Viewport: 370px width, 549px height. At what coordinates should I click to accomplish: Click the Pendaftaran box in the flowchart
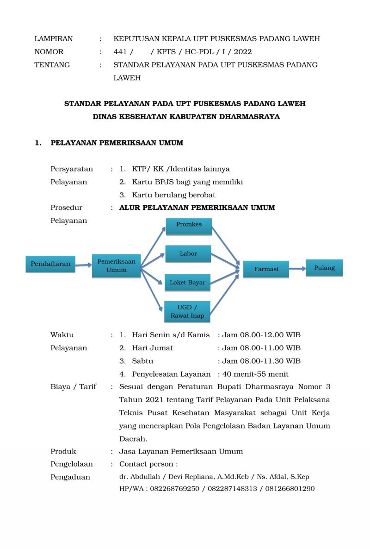tap(50, 264)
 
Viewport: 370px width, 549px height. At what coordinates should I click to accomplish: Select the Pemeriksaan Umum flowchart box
tap(116, 266)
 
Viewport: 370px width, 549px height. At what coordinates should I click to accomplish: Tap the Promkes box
tap(189, 225)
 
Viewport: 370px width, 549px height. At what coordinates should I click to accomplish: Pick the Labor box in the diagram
tap(188, 254)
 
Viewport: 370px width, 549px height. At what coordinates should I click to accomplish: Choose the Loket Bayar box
tap(187, 283)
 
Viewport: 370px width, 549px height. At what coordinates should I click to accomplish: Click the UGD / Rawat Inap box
tap(187, 311)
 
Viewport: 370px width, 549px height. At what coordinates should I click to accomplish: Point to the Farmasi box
tap(266, 269)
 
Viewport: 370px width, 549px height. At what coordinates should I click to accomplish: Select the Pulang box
tap(324, 268)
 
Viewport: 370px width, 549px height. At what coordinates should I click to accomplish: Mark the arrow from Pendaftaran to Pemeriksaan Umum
tap(83, 265)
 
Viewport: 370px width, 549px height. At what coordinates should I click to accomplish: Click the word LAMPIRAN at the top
tap(53, 39)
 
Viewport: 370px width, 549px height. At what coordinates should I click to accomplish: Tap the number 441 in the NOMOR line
tap(120, 52)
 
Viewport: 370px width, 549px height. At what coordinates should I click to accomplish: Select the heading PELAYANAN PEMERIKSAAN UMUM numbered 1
tap(117, 143)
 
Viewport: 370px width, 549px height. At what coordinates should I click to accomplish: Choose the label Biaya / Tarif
tap(73, 386)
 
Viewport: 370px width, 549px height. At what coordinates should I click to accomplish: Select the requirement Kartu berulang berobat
tap(173, 195)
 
